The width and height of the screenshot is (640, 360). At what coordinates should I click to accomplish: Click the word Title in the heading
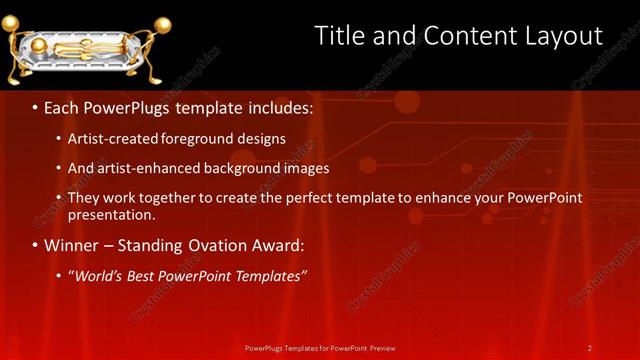(x=340, y=36)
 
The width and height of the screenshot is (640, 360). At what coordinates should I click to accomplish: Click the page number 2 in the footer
(x=590, y=347)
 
